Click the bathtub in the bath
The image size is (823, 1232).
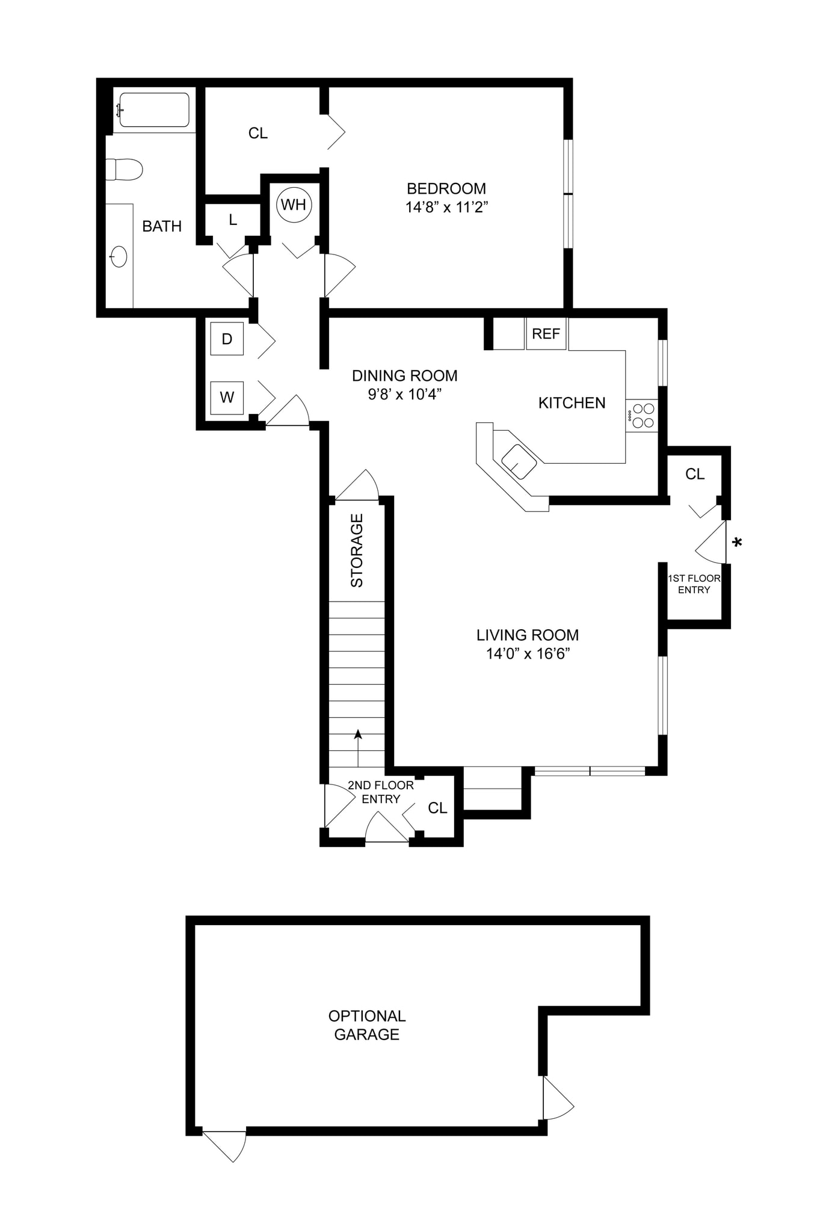(154, 109)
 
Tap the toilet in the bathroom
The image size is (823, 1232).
(125, 169)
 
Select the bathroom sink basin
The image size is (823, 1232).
(119, 257)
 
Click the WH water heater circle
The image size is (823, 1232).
(294, 205)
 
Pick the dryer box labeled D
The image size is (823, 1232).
(227, 339)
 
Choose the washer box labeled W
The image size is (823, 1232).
(227, 397)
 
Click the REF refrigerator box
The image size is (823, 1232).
(546, 334)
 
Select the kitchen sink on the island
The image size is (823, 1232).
(519, 462)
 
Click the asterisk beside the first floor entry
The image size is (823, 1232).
(737, 543)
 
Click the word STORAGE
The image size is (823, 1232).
(357, 550)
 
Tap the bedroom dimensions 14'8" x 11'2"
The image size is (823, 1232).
(446, 208)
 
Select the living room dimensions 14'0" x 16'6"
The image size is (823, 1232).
(528, 654)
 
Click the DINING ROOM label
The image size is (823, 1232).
(404, 376)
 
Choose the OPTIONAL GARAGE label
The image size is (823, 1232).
(366, 1025)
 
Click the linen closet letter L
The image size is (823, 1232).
(233, 220)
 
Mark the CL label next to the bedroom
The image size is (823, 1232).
(257, 133)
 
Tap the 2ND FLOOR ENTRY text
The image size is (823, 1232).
(380, 792)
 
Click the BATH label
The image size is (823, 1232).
(162, 226)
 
